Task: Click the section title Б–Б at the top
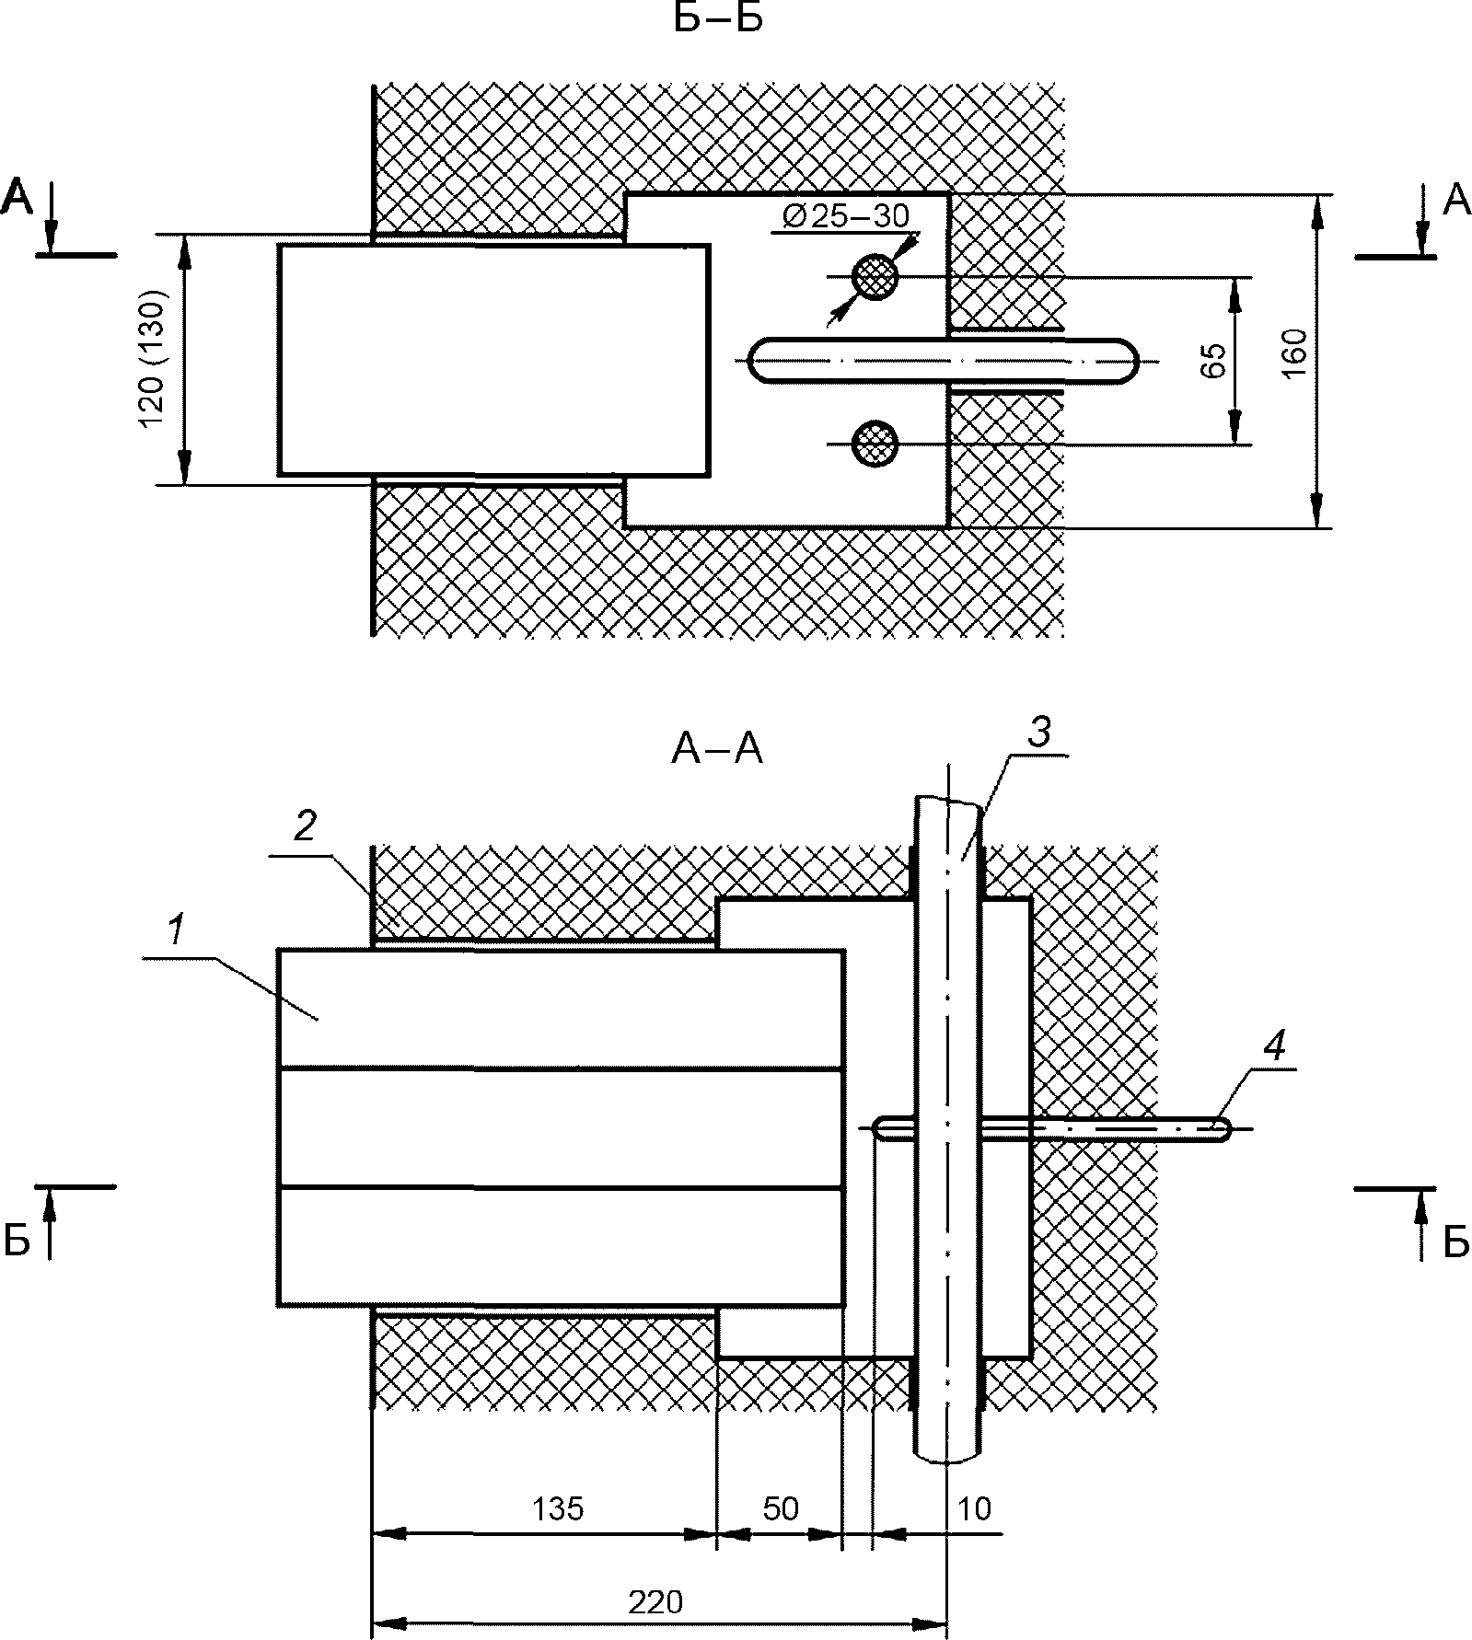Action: pyautogui.click(x=718, y=18)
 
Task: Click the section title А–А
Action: pyautogui.click(x=717, y=751)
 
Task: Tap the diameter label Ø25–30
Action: pyautogui.click(x=845, y=215)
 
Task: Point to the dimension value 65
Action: pyautogui.click(x=1213, y=360)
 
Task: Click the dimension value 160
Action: pyautogui.click(x=1293, y=352)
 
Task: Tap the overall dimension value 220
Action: pyautogui.click(x=656, y=1602)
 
